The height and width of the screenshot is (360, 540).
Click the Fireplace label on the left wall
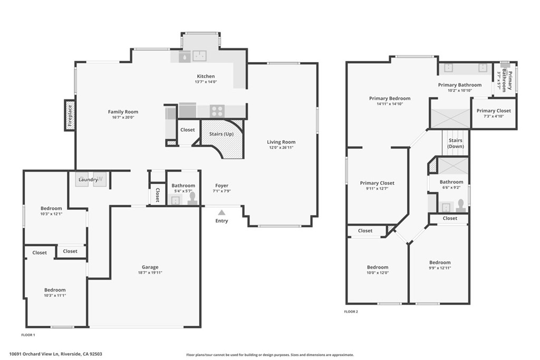click(x=70, y=115)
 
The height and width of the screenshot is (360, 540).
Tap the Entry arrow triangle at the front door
click(x=221, y=212)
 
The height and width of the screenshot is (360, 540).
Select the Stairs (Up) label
click(x=221, y=134)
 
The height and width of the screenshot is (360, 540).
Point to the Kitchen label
click(x=206, y=76)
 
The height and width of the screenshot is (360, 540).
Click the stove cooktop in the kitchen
click(x=217, y=111)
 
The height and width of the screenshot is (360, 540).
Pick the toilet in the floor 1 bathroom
click(x=192, y=198)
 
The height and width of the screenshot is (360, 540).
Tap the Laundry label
click(x=88, y=180)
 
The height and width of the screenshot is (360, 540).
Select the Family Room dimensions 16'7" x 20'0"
click(x=123, y=118)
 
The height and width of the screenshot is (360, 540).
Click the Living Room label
click(x=281, y=142)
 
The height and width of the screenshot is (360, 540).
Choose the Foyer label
click(x=221, y=185)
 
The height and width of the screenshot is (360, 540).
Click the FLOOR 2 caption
click(x=351, y=312)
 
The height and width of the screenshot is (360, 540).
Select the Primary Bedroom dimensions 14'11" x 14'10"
click(x=390, y=104)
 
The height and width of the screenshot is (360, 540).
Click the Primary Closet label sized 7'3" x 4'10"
click(x=494, y=111)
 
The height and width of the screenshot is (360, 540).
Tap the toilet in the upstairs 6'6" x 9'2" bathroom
click(x=461, y=205)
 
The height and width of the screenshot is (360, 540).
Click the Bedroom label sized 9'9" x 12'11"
click(x=440, y=262)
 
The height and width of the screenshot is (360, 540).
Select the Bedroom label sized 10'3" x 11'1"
click(x=55, y=290)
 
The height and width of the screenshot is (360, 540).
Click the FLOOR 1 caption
click(x=28, y=335)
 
